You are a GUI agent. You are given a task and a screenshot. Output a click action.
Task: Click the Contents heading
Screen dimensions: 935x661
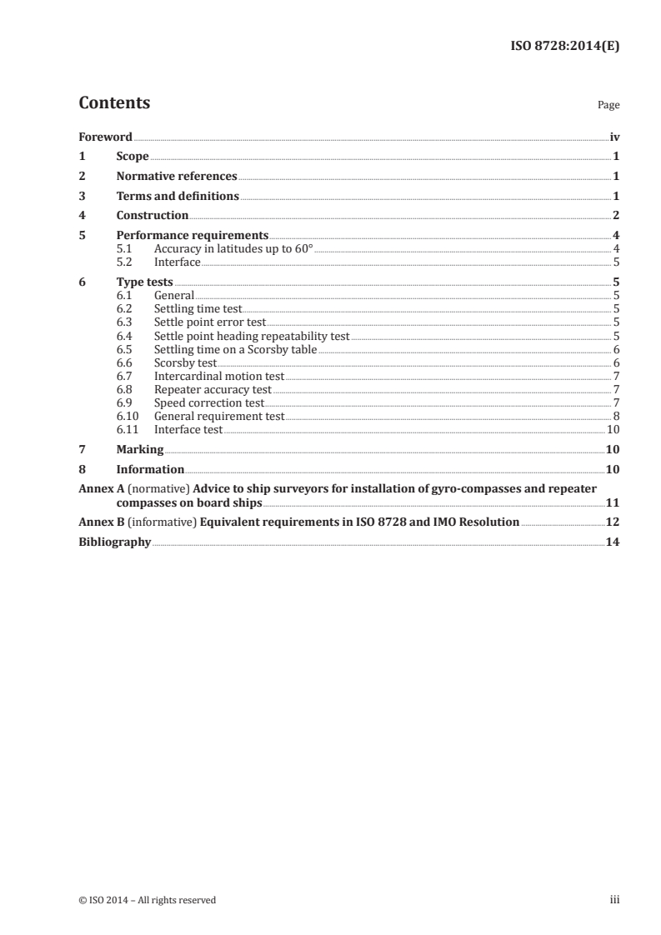(114, 103)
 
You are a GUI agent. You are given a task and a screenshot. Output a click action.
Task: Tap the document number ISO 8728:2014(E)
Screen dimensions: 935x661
(563, 47)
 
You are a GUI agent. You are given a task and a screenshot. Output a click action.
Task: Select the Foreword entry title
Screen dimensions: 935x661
(105, 137)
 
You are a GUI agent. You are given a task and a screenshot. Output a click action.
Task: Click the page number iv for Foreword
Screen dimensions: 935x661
(613, 137)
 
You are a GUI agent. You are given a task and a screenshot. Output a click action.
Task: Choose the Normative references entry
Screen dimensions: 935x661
(177, 176)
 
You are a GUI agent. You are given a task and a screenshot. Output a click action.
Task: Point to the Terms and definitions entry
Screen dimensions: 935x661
(178, 196)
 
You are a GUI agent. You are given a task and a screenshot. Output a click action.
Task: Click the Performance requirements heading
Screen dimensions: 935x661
(192, 235)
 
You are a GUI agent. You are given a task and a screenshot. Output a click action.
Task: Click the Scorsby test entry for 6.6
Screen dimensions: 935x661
(185, 362)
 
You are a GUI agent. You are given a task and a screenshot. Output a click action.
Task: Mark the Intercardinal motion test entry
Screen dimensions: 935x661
(219, 376)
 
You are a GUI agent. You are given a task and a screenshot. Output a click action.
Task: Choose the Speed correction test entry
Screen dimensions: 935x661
(209, 402)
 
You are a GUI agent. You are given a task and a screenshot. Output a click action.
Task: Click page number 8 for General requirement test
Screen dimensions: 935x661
(615, 416)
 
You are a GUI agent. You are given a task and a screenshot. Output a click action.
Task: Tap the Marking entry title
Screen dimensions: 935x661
(139, 449)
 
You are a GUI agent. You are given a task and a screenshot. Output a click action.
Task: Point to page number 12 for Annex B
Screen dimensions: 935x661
(611, 522)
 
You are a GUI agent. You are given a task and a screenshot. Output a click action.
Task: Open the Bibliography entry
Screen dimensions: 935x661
(114, 542)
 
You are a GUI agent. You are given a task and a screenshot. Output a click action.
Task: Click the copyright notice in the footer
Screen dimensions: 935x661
(147, 899)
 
